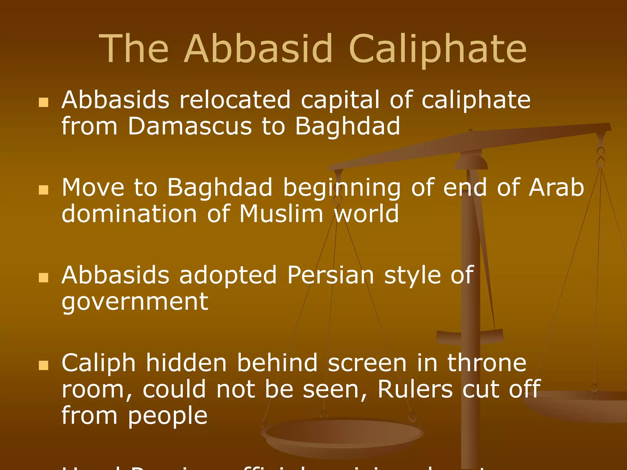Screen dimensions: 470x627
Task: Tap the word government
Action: [135, 302]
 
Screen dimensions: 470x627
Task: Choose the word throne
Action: [487, 363]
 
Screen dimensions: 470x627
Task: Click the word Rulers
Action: [415, 389]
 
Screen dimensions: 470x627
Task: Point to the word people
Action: [168, 415]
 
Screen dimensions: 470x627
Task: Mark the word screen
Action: [367, 363]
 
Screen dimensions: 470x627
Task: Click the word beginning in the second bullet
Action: [342, 188]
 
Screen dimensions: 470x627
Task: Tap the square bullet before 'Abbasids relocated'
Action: [44, 103]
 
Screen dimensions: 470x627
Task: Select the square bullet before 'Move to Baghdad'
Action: [44, 190]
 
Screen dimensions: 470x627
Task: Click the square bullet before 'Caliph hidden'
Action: [44, 365]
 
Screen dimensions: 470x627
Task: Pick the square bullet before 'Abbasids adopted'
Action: [44, 278]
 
